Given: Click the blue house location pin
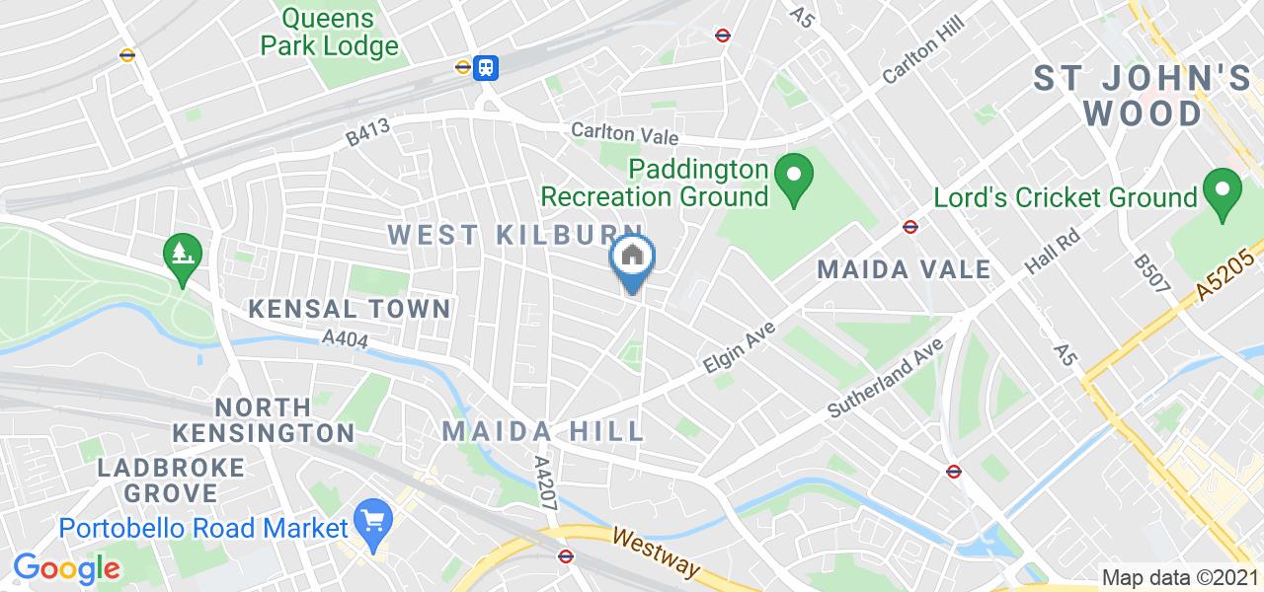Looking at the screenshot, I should pyautogui.click(x=633, y=259).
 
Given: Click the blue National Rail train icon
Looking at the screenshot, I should pyautogui.click(x=487, y=66).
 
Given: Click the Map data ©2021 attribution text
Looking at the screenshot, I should pyautogui.click(x=1180, y=578).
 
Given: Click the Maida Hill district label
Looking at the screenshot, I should pyautogui.click(x=543, y=431).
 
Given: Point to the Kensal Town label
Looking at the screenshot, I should pyautogui.click(x=350, y=309).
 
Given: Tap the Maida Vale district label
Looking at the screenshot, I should pyautogui.click(x=904, y=268).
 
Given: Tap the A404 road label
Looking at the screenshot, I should pyautogui.click(x=345, y=339).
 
